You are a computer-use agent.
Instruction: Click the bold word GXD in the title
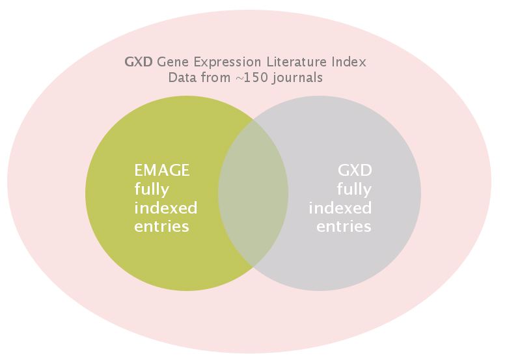point(139,62)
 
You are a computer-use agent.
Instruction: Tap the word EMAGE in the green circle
point(162,171)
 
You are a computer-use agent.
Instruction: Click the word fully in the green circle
point(152,190)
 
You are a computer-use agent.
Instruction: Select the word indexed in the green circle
point(165,208)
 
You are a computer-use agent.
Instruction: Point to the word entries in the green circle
point(161,227)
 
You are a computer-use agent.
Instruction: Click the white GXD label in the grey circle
point(355,171)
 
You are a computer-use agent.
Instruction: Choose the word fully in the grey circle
point(355,190)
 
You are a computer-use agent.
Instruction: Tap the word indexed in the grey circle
point(340,208)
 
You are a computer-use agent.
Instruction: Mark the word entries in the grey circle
point(344,227)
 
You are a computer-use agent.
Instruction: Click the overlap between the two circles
point(253,193)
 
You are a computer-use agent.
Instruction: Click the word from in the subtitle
point(215,77)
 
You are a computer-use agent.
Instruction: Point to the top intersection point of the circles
point(253,119)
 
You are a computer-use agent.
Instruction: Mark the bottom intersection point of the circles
point(253,268)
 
